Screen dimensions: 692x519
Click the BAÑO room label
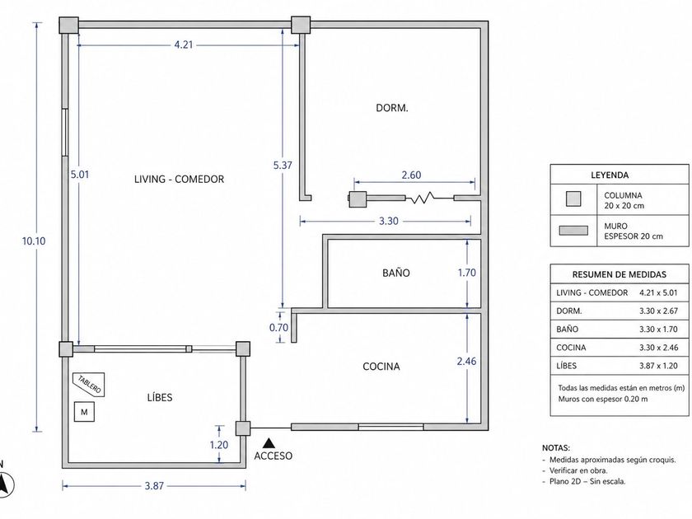[396, 273]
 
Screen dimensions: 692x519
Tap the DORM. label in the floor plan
[392, 108]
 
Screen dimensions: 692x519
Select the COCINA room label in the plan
[381, 367]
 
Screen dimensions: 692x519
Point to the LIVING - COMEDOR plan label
[179, 179]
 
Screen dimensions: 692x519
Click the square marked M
[84, 412]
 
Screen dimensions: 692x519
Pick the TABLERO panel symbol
[89, 385]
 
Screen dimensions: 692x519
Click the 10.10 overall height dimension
[34, 241]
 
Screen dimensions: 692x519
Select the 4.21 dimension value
[184, 44]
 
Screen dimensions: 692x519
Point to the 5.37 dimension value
[283, 165]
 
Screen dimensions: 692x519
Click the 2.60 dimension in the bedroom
[411, 175]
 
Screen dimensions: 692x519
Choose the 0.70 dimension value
[278, 328]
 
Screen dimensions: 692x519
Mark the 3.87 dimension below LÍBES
[154, 486]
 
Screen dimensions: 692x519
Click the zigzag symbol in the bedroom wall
[422, 199]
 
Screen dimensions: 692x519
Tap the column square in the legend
[573, 199]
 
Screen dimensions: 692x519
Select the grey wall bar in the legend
[573, 231]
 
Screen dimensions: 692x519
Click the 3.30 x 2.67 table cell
[658, 311]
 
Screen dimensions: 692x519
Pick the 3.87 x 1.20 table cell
[658, 366]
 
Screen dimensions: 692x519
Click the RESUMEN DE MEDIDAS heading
[620, 274]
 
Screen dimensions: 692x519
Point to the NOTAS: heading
[555, 447]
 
